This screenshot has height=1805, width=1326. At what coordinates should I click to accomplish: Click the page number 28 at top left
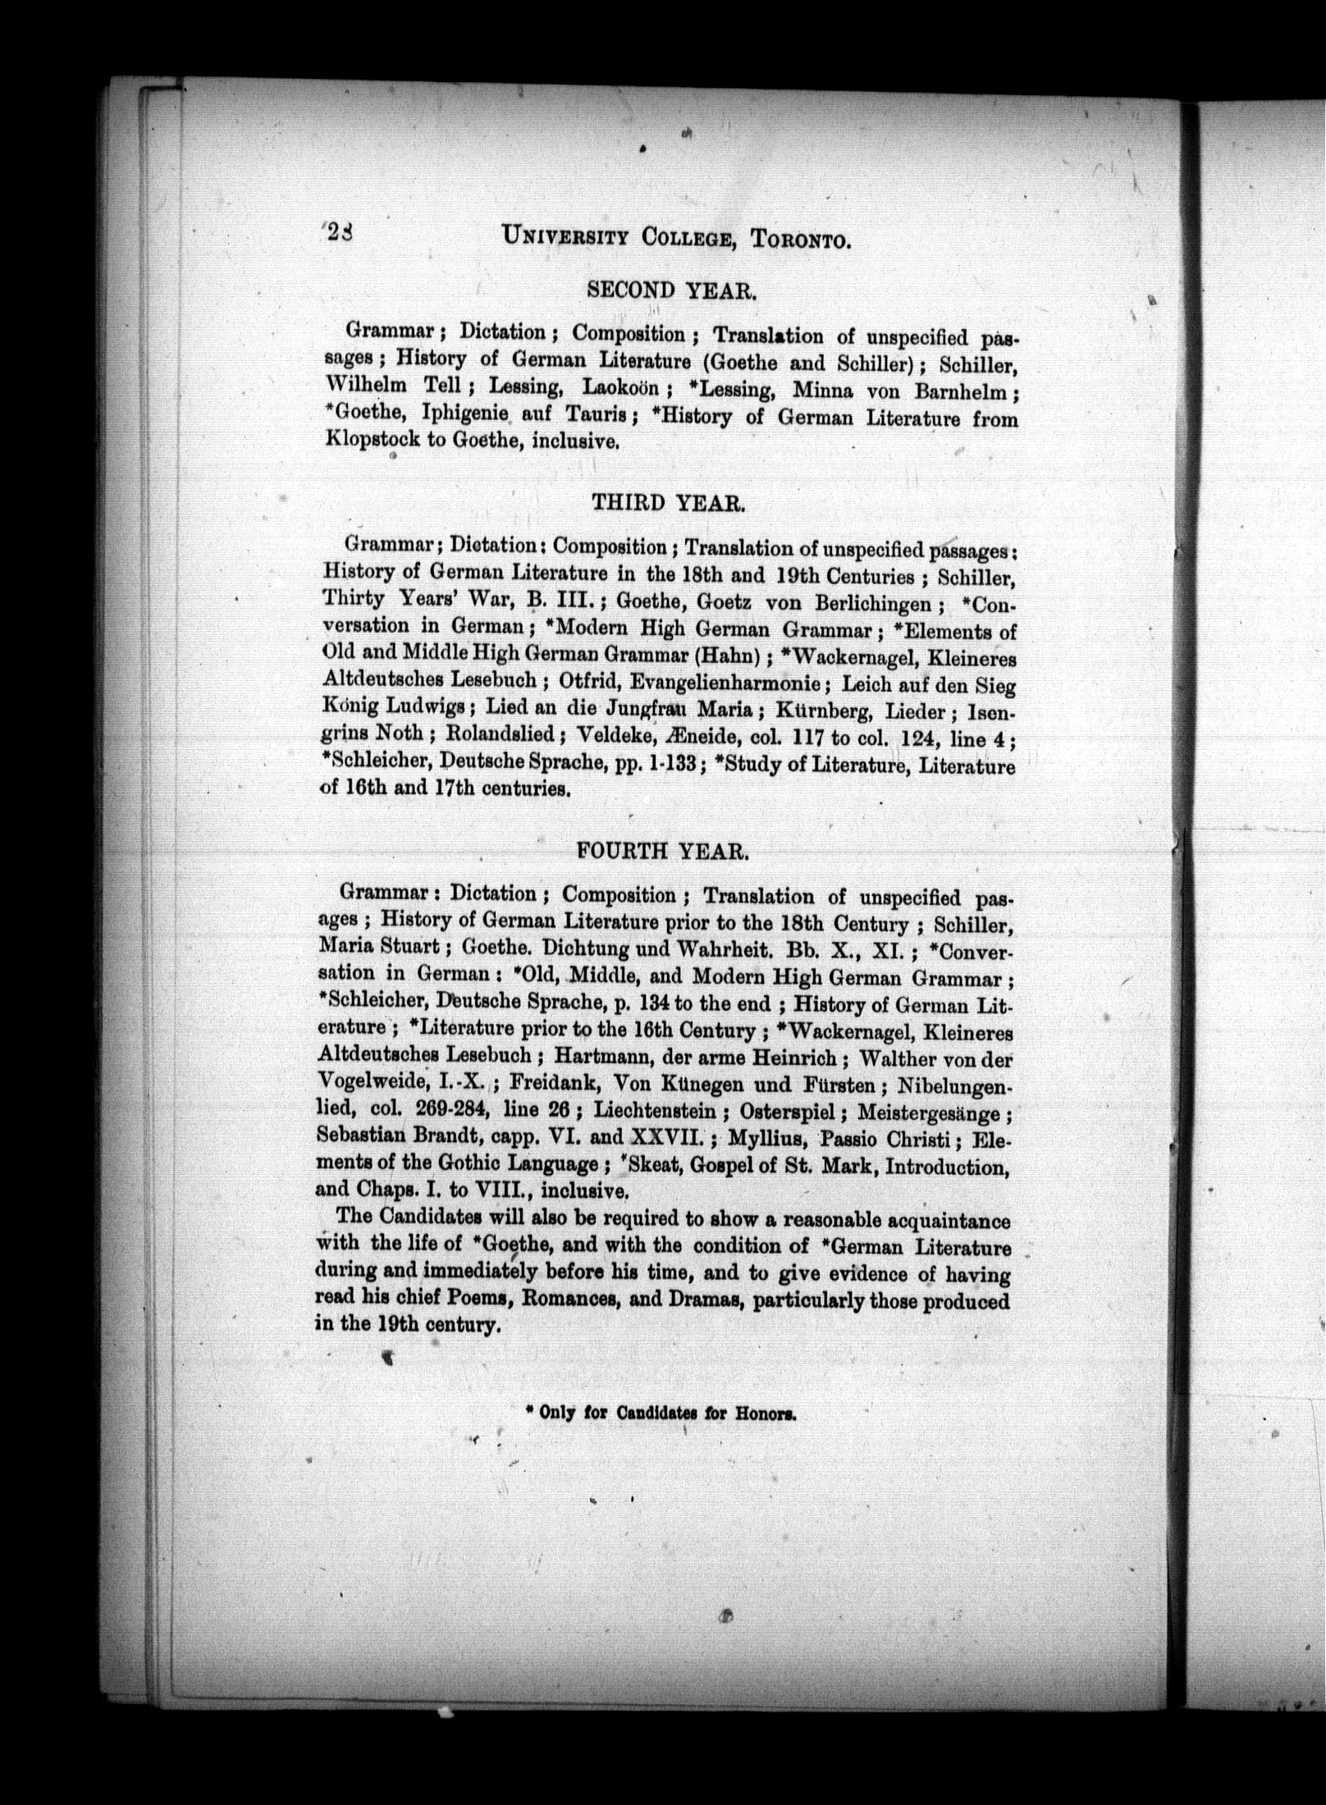pyautogui.click(x=339, y=233)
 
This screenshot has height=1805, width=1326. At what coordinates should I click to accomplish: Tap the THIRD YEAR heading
pyautogui.click(x=668, y=502)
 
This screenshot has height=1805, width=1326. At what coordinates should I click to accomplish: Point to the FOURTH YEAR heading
pyautogui.click(x=663, y=851)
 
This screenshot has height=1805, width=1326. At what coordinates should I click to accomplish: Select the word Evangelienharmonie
pyautogui.click(x=691, y=683)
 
